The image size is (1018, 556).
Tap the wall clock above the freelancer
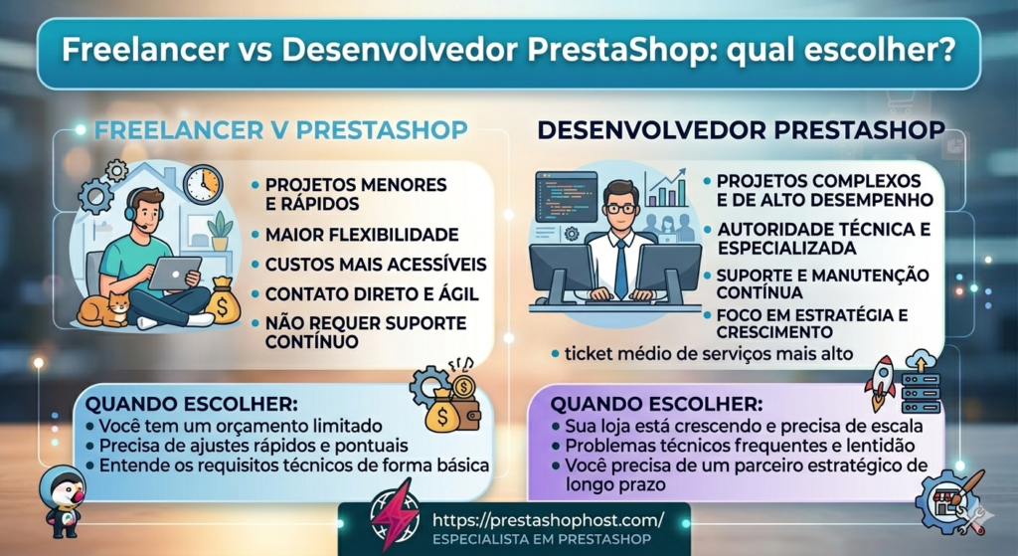[203, 184]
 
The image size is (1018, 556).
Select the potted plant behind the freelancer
[220, 231]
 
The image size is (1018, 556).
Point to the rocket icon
[881, 384]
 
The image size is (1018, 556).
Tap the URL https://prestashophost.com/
[550, 519]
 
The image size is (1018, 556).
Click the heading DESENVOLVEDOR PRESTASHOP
[741, 130]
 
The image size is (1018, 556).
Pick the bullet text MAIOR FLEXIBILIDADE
[361, 235]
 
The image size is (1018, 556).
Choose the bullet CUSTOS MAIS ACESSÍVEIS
[375, 265]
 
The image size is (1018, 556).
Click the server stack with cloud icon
[921, 382]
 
